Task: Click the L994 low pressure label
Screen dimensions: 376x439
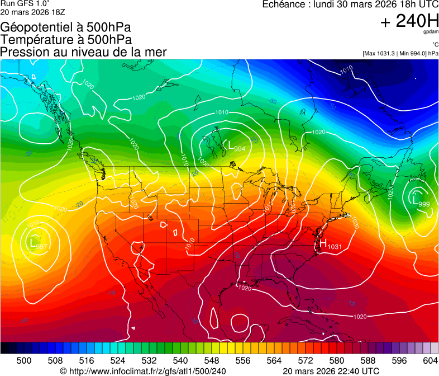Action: click(x=236, y=147)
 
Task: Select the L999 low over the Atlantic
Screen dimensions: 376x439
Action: click(x=421, y=201)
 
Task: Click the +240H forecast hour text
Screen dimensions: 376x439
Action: click(x=409, y=21)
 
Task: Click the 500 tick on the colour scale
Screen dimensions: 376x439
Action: click(x=24, y=361)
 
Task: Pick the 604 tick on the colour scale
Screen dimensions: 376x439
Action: click(x=430, y=361)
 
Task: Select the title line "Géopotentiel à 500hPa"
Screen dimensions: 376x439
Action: click(x=66, y=27)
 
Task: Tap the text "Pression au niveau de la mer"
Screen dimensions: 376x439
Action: click(x=84, y=52)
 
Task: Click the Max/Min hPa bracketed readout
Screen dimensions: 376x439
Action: click(x=400, y=54)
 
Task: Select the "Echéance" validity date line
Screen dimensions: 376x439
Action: click(x=350, y=4)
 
